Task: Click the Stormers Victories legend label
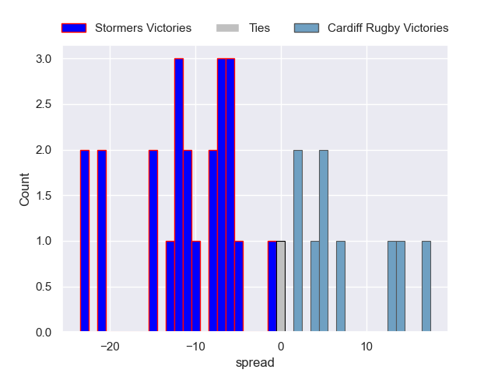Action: point(143,28)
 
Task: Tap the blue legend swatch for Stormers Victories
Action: point(73,28)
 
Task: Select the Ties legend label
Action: point(259,28)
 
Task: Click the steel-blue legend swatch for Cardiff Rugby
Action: point(307,28)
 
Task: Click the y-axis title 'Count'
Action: point(26,194)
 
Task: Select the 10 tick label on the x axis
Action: point(366,347)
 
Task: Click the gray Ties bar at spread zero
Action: point(281,287)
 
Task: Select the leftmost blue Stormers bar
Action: point(84,241)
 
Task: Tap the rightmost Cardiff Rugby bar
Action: point(426,287)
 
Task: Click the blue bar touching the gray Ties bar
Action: point(272,287)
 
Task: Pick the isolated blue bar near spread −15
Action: point(153,241)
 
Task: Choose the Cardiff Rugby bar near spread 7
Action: point(341,287)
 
